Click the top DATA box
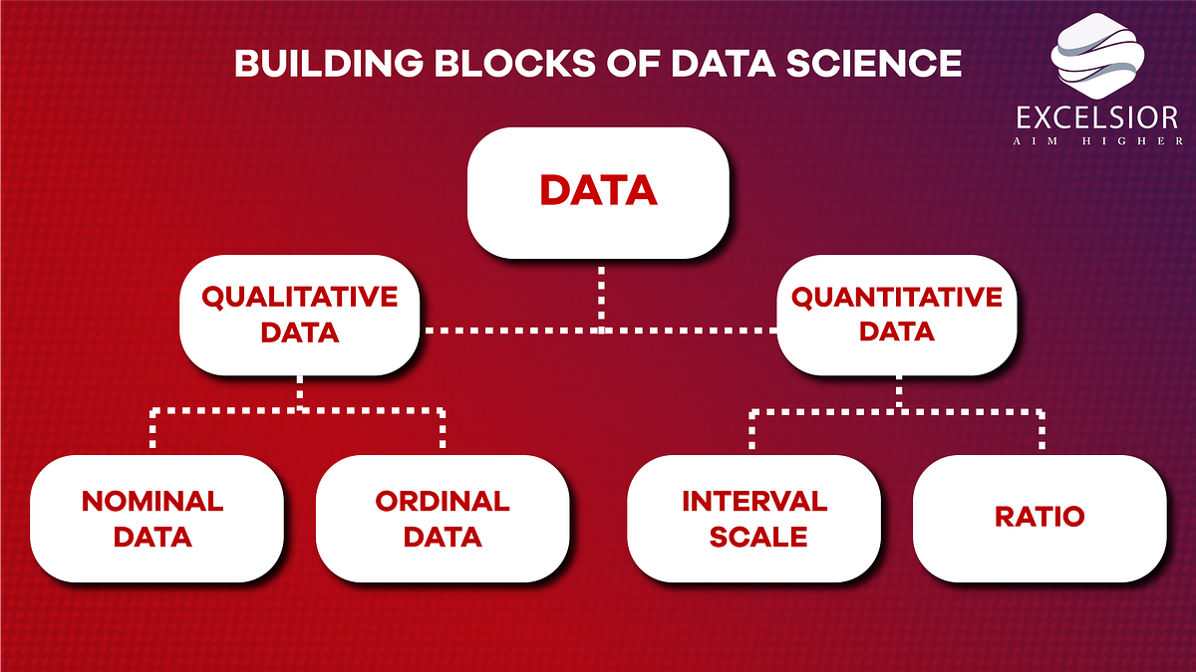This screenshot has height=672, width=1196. point(598,191)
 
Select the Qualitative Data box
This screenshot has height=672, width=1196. point(299,314)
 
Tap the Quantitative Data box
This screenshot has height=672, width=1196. point(896,314)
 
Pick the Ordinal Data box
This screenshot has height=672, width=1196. point(442,518)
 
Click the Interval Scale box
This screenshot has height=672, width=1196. point(753,518)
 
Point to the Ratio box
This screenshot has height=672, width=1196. point(1039,518)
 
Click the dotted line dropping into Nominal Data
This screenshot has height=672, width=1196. point(154,430)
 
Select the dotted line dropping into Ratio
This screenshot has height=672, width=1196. point(1042,430)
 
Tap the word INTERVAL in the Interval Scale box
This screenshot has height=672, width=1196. point(753,501)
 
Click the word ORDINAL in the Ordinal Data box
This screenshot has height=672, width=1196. point(442,501)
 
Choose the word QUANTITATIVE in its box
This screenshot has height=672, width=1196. point(896,297)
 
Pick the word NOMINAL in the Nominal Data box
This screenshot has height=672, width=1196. point(152,501)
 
